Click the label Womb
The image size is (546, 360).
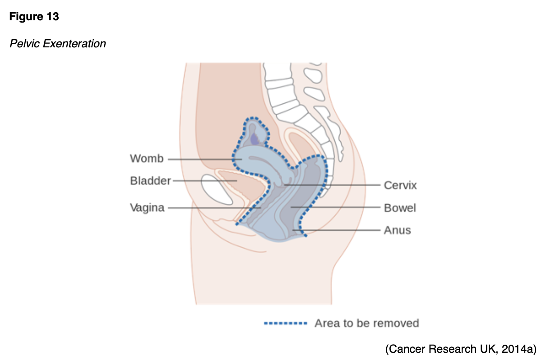coord(147,159)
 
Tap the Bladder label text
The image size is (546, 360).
coord(150,181)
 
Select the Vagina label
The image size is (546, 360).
coord(147,208)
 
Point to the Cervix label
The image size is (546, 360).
coord(400,185)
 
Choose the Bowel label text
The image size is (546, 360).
coord(400,208)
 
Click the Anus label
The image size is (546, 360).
coord(397,230)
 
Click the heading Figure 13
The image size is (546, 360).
coord(34,17)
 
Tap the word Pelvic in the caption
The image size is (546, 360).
coord(23,44)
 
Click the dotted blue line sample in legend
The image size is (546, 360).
coord(285,323)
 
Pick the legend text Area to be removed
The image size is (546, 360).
coord(366,323)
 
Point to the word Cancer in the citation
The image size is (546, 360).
coord(405,349)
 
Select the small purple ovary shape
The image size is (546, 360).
coord(254,139)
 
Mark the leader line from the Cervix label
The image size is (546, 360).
coord(334,185)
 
